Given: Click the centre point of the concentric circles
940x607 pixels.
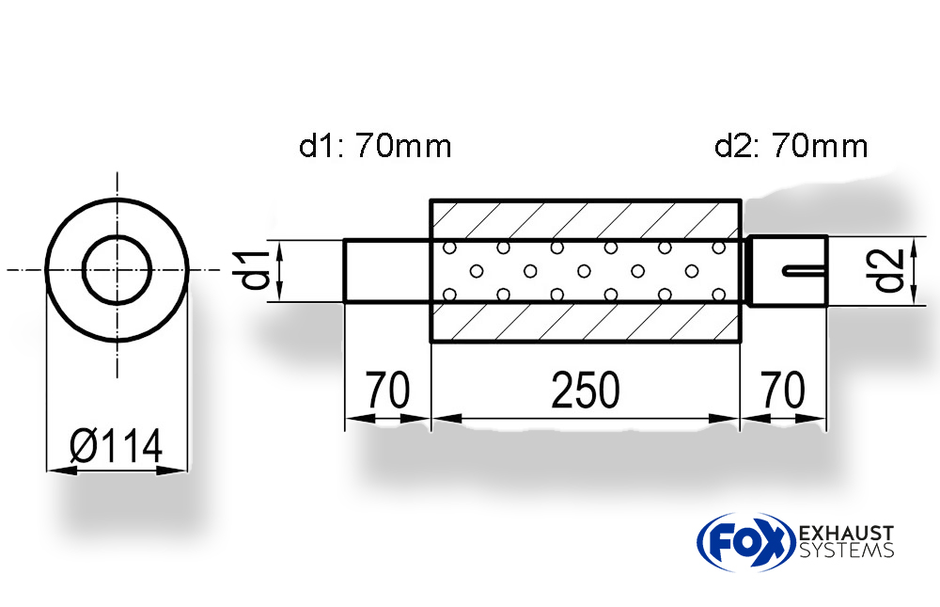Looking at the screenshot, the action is [x=117, y=269].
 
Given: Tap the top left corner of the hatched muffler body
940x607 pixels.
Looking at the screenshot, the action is [x=431, y=200].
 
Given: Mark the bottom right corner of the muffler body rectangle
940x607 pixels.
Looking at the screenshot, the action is [x=741, y=342].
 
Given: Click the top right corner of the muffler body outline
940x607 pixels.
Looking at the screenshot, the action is [x=741, y=200].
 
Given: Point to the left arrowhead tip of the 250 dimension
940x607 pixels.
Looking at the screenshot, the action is [x=432, y=419].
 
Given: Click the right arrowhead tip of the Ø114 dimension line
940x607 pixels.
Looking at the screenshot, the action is [x=188, y=471].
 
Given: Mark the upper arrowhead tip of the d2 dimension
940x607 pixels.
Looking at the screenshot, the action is [x=914, y=237].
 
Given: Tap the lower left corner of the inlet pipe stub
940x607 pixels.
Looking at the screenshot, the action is [x=345, y=301].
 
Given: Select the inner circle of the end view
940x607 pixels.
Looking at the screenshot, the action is [x=117, y=269].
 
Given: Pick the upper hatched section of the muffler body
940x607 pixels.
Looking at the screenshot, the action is [x=586, y=220].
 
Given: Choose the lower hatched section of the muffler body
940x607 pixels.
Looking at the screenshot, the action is [x=586, y=322].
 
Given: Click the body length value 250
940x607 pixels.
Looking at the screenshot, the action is [x=585, y=391].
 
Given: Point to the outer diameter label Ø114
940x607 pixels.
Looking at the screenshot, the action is [x=117, y=446].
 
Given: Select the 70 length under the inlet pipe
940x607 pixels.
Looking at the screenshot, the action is [x=388, y=391].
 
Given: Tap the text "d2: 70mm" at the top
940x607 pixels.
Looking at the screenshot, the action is [x=791, y=146].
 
